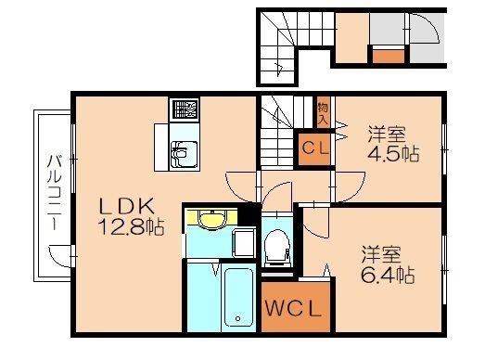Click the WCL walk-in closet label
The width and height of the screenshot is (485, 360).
[x=293, y=309]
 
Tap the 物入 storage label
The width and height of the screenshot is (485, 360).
[x=324, y=114]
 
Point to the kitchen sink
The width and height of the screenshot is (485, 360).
[x=182, y=149]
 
